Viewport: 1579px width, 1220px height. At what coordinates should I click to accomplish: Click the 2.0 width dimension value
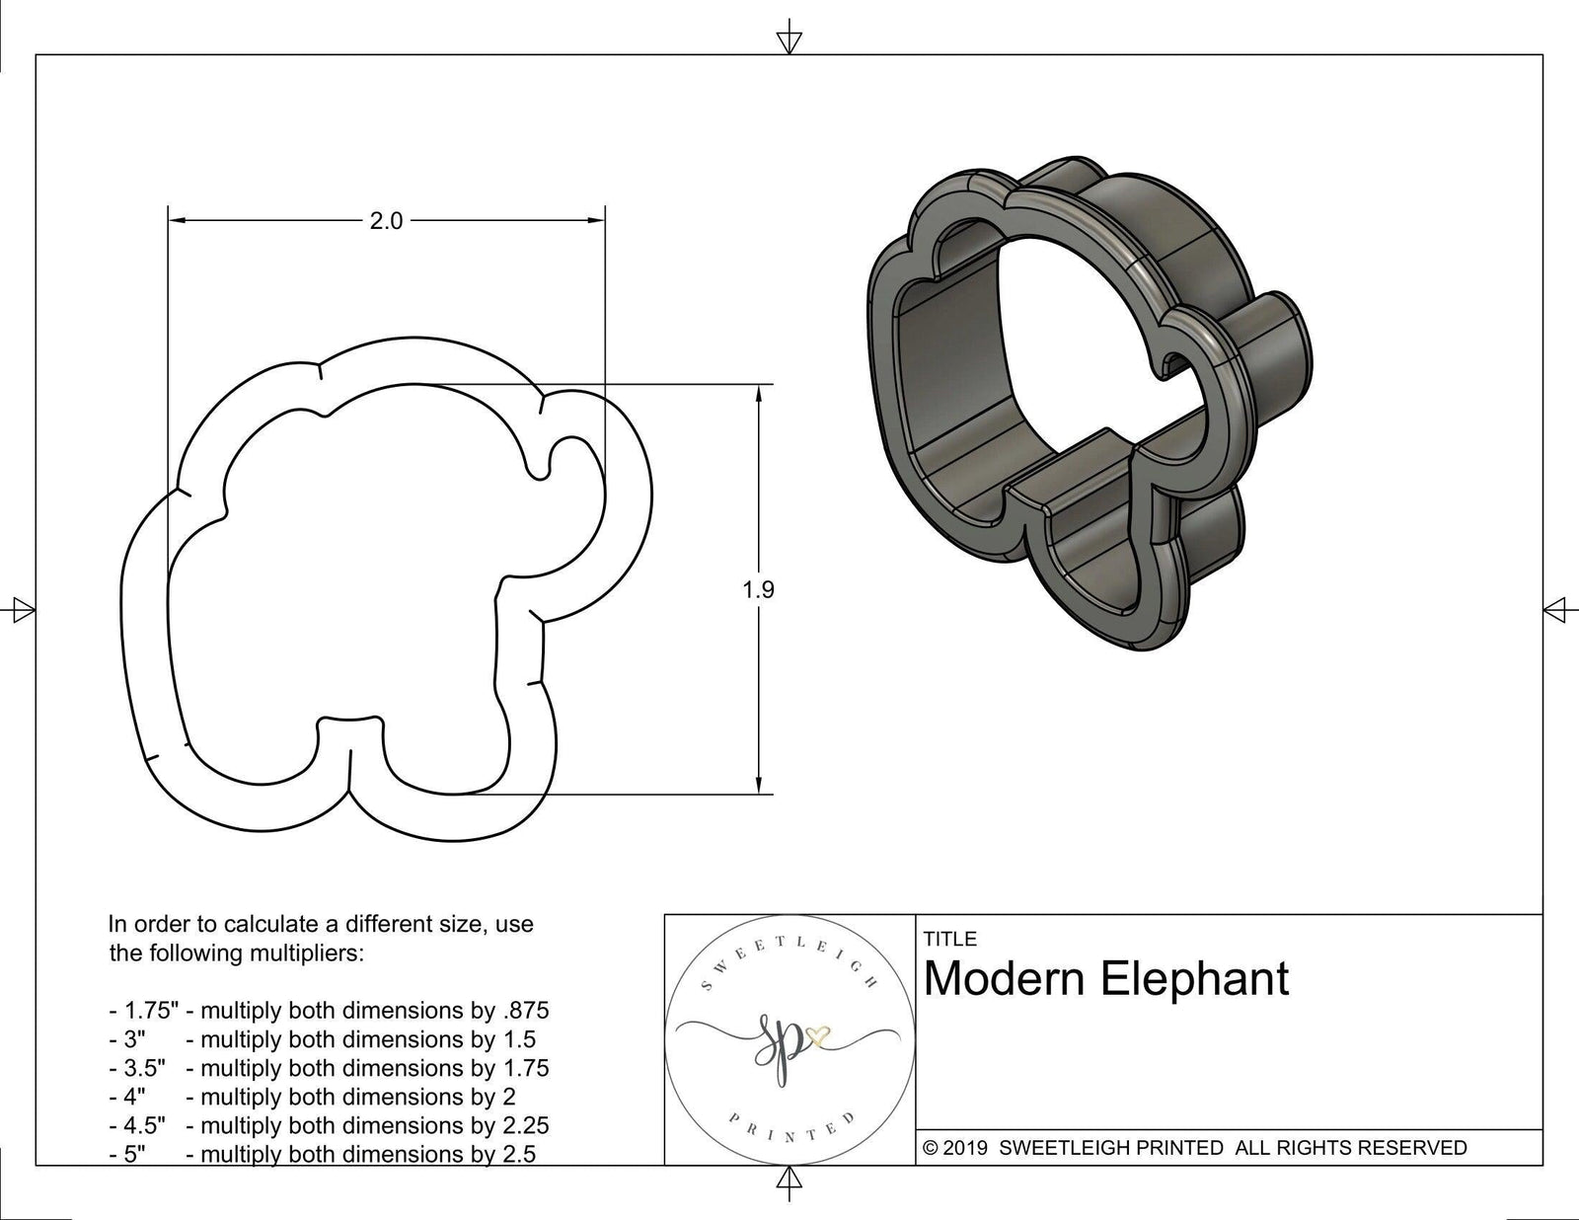(x=386, y=221)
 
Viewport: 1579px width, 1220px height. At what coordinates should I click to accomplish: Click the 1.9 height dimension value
(x=758, y=590)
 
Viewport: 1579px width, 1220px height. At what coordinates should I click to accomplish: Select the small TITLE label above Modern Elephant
(x=950, y=939)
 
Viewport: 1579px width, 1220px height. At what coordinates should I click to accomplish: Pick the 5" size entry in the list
(x=134, y=1154)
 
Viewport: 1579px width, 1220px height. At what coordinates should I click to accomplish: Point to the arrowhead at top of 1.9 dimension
(x=758, y=394)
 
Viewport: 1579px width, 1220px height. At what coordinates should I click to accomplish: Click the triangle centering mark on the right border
(x=1556, y=609)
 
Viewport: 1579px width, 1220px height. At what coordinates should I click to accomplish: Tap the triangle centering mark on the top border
(x=789, y=42)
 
